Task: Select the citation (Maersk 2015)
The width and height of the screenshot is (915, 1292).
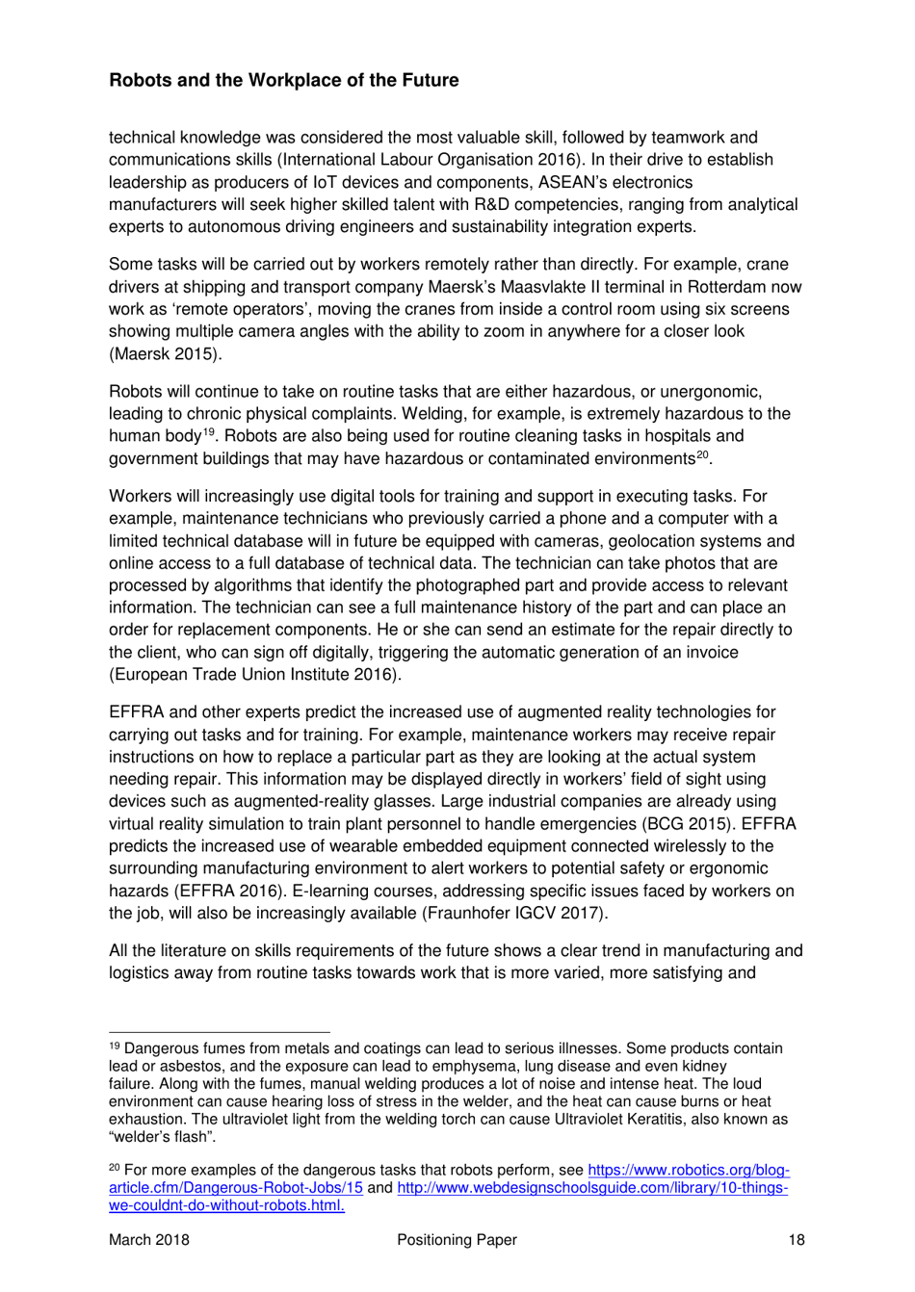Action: tap(165, 353)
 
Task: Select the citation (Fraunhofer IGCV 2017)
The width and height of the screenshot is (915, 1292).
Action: tap(514, 913)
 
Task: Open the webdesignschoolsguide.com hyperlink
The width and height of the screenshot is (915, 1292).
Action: tap(591, 1188)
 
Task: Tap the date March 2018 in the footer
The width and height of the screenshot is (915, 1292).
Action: tap(149, 1240)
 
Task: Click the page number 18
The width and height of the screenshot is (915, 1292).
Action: tap(796, 1240)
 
